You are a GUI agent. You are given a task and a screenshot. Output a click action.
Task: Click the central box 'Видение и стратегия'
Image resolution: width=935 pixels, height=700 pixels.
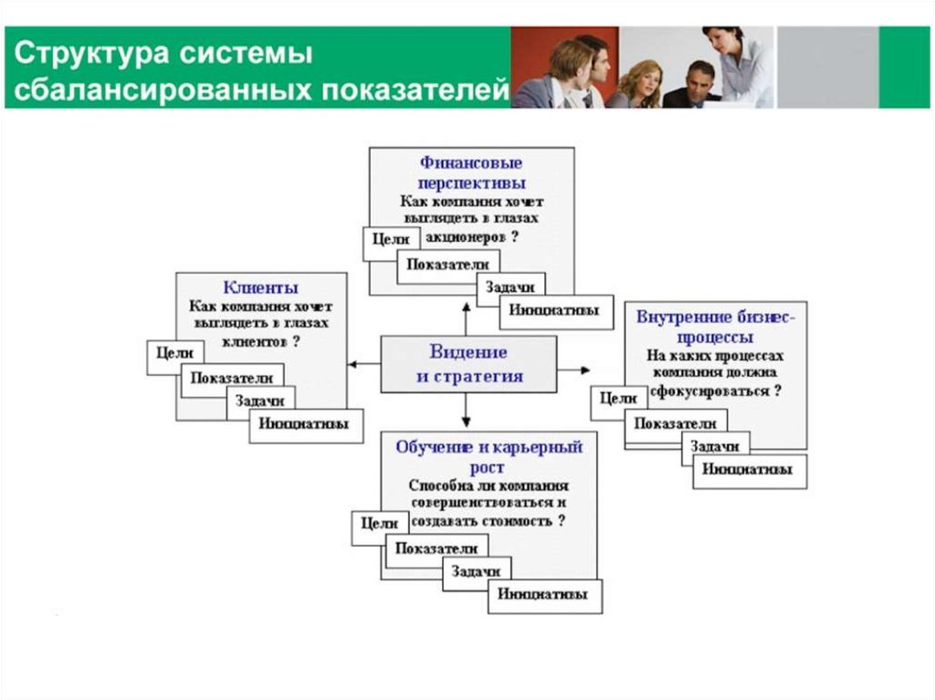(468, 363)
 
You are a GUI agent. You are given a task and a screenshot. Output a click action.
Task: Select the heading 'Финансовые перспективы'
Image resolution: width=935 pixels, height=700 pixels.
(471, 172)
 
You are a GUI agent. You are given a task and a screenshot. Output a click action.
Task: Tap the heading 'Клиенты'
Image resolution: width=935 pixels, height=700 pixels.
(261, 287)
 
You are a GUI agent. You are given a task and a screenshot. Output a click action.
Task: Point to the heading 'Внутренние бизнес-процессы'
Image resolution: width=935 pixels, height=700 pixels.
(715, 327)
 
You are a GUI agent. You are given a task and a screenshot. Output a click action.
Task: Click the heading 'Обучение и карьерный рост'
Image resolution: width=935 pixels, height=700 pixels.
(489, 456)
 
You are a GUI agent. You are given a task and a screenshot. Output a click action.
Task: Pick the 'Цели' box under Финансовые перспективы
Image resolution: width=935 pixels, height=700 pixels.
(391, 240)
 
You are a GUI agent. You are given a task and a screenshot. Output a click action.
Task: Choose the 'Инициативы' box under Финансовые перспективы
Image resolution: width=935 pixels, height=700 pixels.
(555, 310)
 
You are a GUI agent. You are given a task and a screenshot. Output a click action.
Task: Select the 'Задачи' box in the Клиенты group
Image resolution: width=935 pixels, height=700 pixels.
(260, 400)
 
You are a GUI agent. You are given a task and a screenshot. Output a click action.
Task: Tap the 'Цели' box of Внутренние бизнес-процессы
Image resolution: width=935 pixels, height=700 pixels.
(619, 400)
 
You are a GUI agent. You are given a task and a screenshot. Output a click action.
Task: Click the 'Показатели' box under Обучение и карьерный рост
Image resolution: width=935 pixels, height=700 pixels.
(436, 549)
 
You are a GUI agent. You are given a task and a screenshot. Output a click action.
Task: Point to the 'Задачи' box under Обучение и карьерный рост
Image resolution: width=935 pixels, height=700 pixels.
(474, 570)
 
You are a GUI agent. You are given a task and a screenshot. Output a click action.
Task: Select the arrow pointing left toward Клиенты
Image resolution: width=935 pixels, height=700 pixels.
(362, 364)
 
